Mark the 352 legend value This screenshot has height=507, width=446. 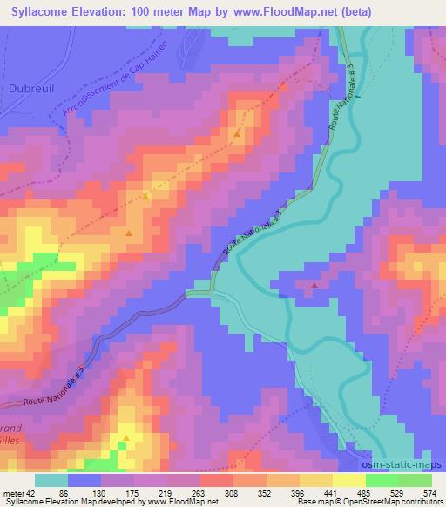272,493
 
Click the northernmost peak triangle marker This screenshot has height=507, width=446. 236,134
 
